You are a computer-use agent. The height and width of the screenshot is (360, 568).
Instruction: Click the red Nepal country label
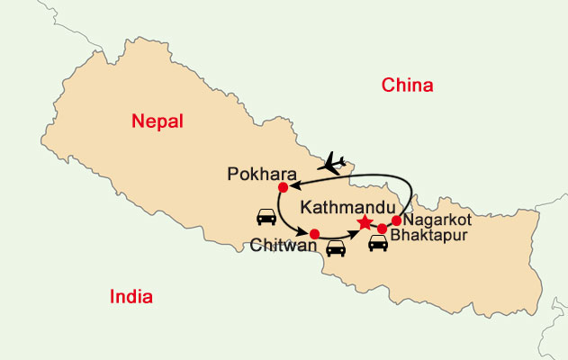[157, 121]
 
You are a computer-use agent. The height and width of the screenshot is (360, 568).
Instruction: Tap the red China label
[408, 85]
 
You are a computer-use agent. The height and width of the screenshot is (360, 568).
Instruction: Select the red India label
[131, 297]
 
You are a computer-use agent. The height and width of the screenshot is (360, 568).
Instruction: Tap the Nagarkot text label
[437, 219]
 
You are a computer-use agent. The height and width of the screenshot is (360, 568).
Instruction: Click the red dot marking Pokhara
[283, 187]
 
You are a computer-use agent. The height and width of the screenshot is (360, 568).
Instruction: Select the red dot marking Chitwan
[314, 234]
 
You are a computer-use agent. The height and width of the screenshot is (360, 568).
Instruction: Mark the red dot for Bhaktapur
[382, 229]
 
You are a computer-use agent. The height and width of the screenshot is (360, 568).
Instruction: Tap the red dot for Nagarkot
[396, 220]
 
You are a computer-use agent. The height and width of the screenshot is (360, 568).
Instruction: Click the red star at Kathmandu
[365, 222]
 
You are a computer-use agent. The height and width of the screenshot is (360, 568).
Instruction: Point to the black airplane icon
[333, 164]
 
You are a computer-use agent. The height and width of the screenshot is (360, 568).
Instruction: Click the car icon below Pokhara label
[266, 216]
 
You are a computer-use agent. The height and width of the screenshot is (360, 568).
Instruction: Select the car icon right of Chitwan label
[336, 247]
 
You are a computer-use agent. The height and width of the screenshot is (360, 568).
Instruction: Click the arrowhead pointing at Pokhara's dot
[292, 185]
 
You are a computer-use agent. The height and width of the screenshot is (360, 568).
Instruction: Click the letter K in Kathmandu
[306, 205]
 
